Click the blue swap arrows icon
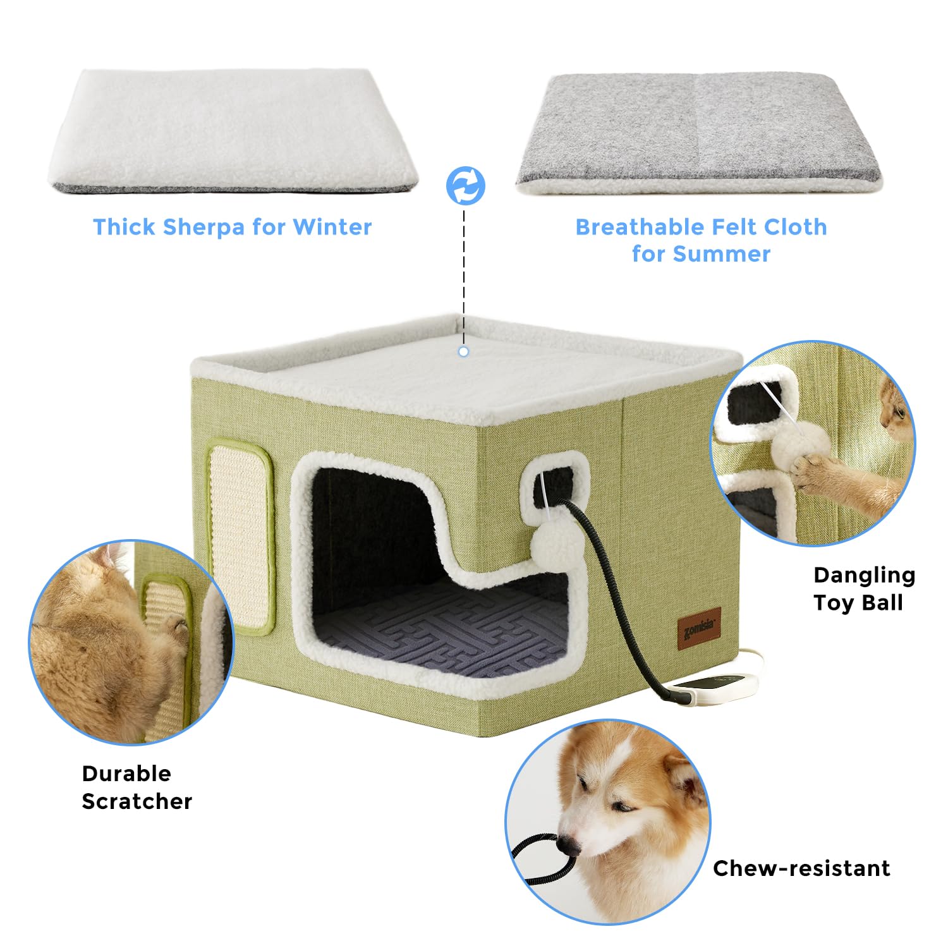466,186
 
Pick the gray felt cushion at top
698,130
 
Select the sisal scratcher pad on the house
240,537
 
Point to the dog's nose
569,844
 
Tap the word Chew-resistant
801,868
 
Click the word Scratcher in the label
137,801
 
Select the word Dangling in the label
864,575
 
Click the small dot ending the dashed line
464,351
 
